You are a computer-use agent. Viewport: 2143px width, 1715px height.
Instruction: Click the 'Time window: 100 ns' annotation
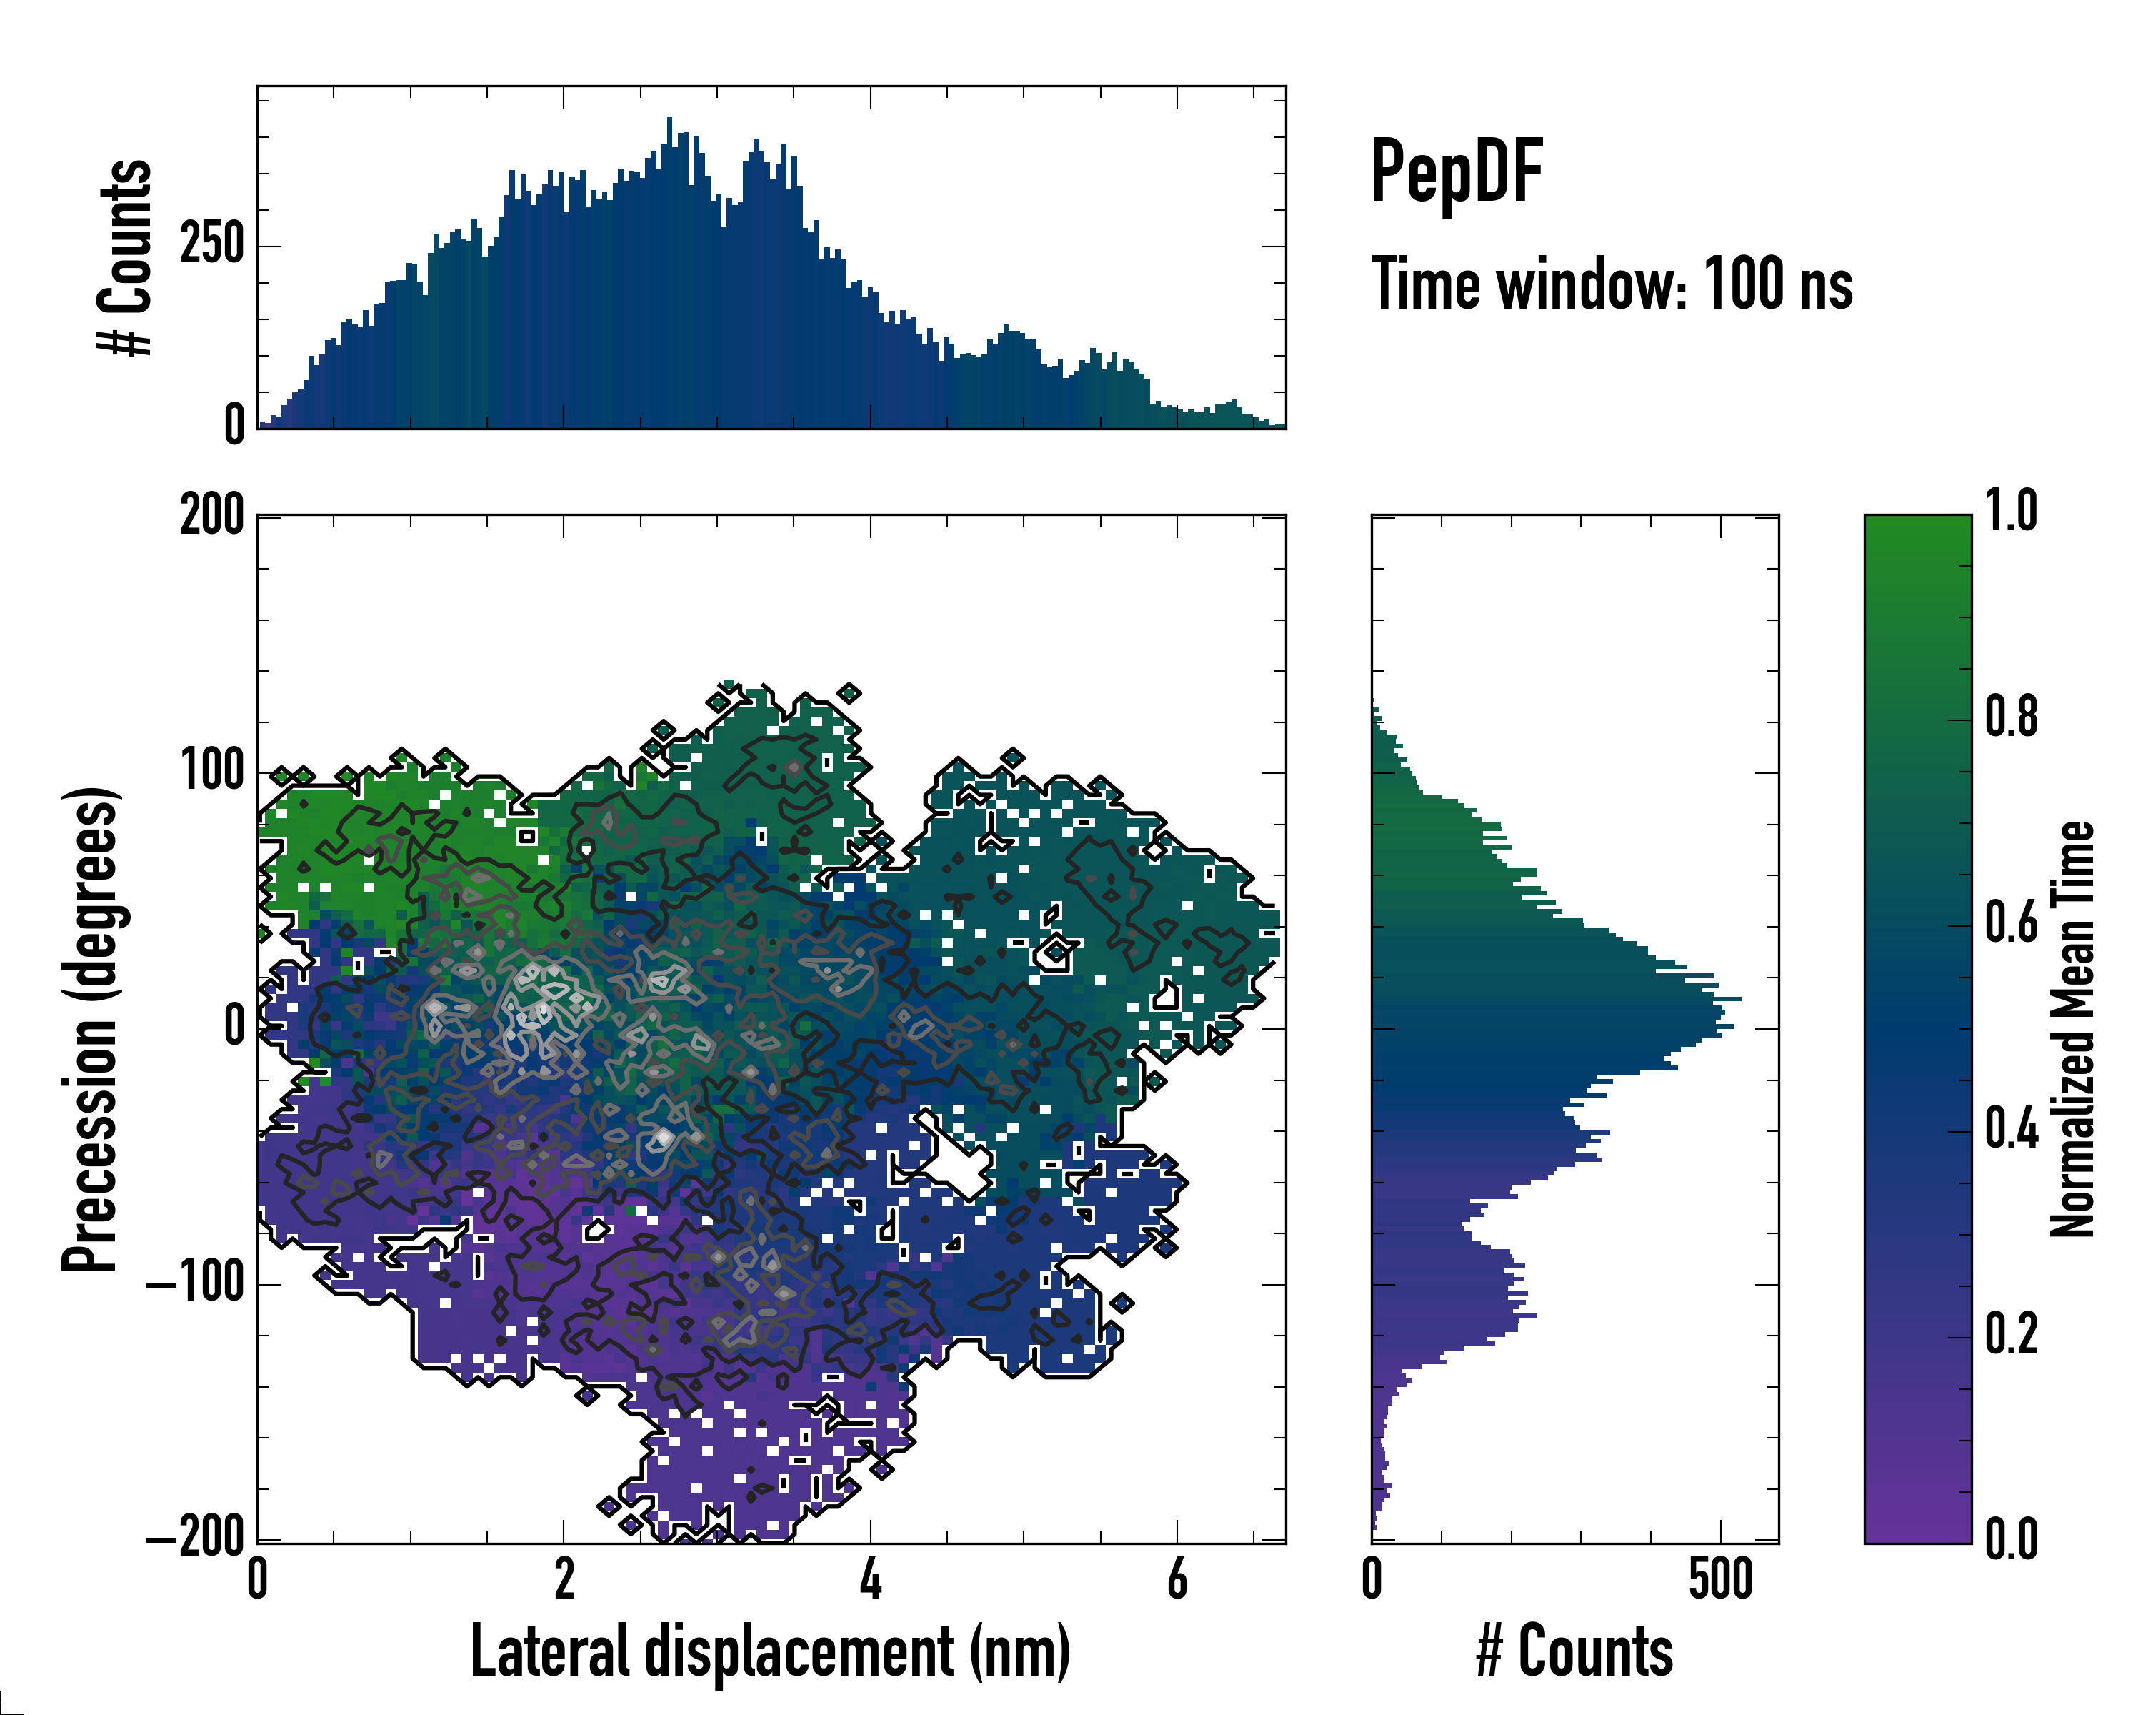coord(1612,284)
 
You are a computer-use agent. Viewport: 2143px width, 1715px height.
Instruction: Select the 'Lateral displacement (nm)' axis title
coord(770,1651)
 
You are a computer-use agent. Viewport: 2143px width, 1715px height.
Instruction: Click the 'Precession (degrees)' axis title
coord(91,1029)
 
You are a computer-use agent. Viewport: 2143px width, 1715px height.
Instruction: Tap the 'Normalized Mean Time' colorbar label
coord(2072,1029)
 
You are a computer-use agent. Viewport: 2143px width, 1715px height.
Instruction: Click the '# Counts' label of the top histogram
coord(126,257)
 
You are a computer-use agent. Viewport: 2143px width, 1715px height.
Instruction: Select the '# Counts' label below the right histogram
coord(1574,1651)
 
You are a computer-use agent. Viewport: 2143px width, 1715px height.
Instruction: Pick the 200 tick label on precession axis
coord(211,517)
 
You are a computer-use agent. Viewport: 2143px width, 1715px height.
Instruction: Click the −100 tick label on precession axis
coord(195,1283)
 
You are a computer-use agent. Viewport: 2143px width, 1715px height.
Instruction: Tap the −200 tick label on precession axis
coord(195,1539)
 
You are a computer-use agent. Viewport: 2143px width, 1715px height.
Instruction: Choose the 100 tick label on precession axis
coord(211,772)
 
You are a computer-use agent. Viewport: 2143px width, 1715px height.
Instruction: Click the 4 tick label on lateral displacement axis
coord(871,1580)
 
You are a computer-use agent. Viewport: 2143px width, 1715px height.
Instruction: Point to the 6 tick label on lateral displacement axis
coord(1177,1580)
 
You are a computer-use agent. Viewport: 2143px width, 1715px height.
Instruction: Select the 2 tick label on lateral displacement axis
coord(564,1580)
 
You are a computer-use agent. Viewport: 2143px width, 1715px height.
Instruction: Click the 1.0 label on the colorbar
coord(2011,512)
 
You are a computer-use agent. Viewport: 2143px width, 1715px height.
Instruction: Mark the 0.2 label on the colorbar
coord(2011,1334)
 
